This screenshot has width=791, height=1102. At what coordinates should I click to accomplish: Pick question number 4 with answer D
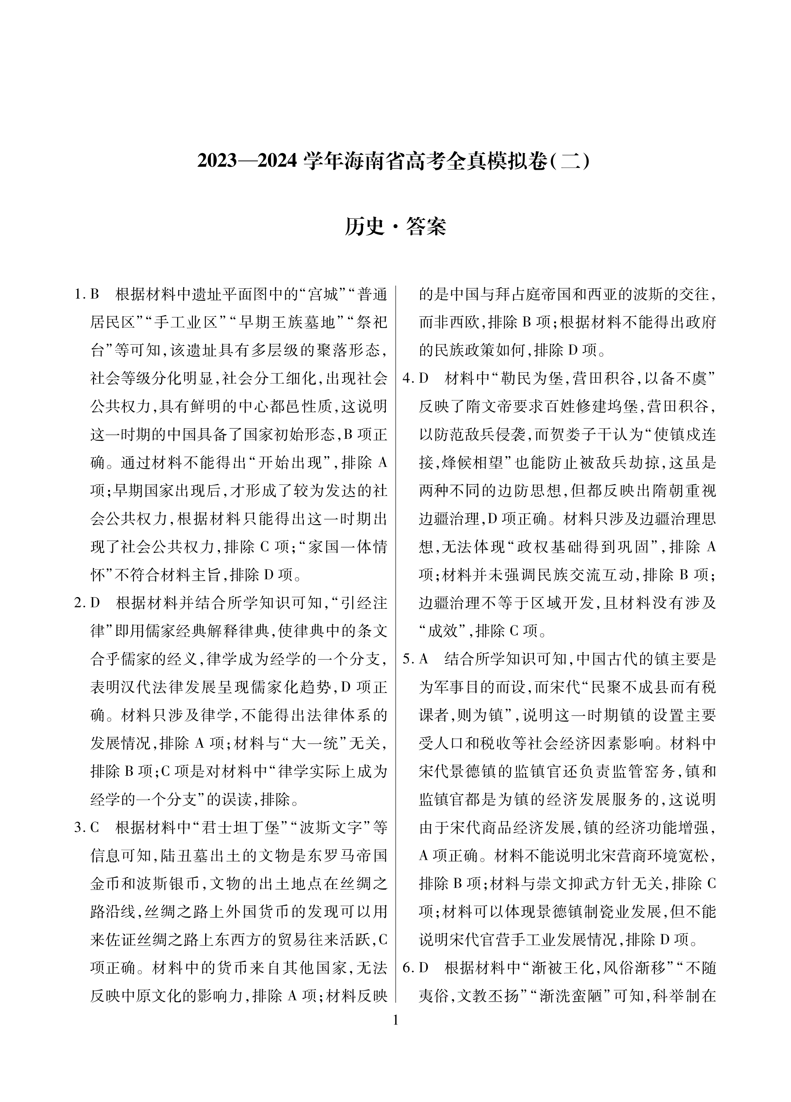point(415,379)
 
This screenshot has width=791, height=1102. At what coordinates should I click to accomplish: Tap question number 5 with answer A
point(415,659)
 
